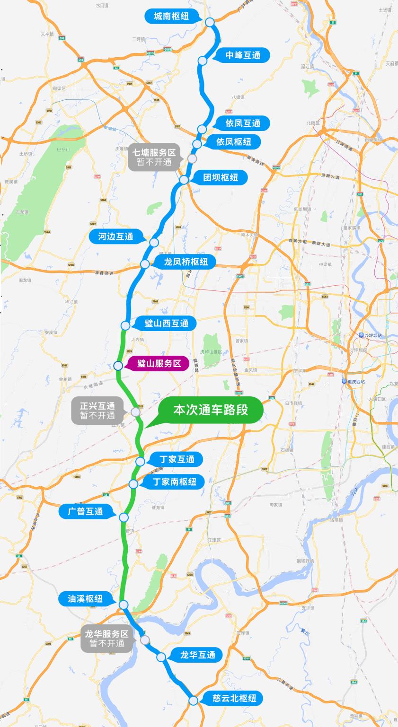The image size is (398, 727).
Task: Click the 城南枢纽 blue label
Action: click(x=171, y=17)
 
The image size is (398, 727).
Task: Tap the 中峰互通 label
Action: click(x=243, y=55)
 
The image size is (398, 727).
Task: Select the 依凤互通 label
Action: click(x=243, y=123)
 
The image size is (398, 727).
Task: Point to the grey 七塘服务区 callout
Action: click(x=153, y=157)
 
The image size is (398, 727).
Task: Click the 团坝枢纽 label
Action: click(x=221, y=178)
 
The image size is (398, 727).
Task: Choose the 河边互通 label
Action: click(x=116, y=236)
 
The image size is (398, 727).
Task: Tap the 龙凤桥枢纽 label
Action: click(x=186, y=262)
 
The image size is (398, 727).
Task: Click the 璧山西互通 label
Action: click(x=167, y=324)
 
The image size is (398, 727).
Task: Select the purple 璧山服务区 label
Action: click(x=159, y=363)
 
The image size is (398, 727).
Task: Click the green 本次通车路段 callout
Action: click(x=211, y=410)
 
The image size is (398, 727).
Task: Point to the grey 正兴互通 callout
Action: click(x=97, y=411)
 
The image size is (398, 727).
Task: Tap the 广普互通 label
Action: click(x=86, y=511)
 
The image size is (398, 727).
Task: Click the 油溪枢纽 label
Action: click(x=86, y=598)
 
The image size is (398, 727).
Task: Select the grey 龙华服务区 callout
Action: click(x=107, y=639)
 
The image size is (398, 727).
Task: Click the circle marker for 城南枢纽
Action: click(x=210, y=22)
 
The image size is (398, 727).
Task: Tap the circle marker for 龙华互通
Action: click(x=161, y=657)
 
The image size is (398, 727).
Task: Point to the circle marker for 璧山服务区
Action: click(x=118, y=365)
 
